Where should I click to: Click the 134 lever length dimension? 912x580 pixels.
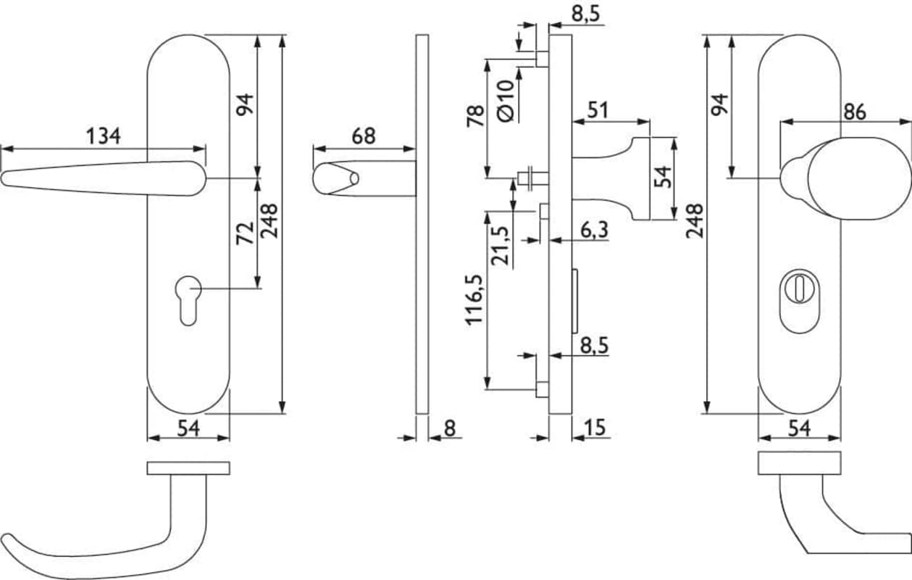pyautogui.click(x=104, y=136)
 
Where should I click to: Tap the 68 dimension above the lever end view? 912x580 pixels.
pyautogui.click(x=364, y=136)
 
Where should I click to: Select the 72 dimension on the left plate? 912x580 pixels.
pyautogui.click(x=246, y=233)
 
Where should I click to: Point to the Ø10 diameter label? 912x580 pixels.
pyautogui.click(x=506, y=101)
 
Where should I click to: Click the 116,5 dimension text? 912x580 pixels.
pyautogui.click(x=474, y=299)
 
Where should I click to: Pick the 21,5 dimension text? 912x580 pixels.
pyautogui.click(x=500, y=245)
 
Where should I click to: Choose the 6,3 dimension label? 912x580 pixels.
pyautogui.click(x=595, y=230)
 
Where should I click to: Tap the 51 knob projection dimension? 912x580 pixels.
pyautogui.click(x=598, y=110)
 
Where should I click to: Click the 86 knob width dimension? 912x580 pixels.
pyautogui.click(x=855, y=112)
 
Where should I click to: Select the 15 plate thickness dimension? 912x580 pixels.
pyautogui.click(x=595, y=428)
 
